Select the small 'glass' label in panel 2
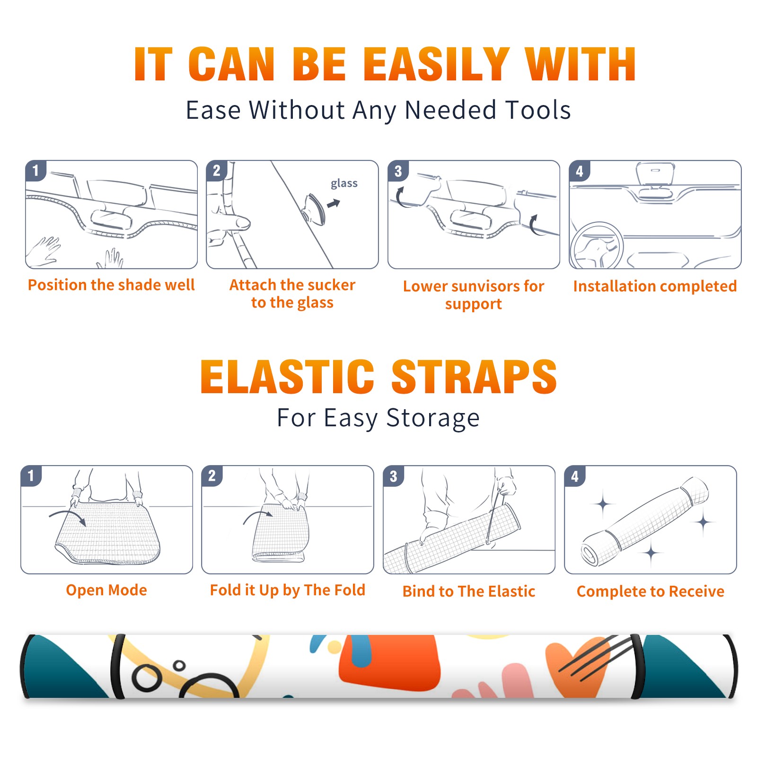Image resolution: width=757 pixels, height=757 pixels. coord(344,184)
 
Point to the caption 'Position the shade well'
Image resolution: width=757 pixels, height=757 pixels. coord(111,285)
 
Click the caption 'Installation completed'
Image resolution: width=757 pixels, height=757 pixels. coord(655,286)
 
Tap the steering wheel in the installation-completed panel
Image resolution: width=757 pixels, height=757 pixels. coord(596,246)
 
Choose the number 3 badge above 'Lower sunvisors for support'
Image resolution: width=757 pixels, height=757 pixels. coord(398,171)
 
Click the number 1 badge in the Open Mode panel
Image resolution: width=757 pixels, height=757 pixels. coord(31,476)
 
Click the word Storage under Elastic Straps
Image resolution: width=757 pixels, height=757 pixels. coord(433,418)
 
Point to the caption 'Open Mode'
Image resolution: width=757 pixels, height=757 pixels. coord(106,590)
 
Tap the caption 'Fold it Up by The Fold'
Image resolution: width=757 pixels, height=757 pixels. coord(288,590)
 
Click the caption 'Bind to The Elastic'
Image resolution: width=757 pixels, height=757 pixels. coord(469,591)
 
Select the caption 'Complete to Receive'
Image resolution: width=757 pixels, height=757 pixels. coord(651,591)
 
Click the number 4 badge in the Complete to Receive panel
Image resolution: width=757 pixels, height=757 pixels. coord(575,476)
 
